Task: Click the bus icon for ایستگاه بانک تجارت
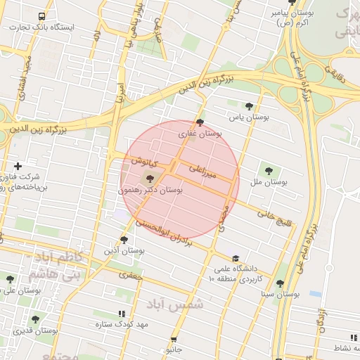(x=43, y=15)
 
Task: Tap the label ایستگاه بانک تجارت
(x=41, y=27)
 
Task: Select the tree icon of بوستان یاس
(x=248, y=106)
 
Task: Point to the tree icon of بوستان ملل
(x=268, y=170)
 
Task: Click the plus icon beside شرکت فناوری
(x=18, y=167)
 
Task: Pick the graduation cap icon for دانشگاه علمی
(x=235, y=258)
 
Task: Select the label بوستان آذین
(x=124, y=250)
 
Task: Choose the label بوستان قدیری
(x=38, y=330)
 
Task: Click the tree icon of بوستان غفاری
(x=200, y=122)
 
